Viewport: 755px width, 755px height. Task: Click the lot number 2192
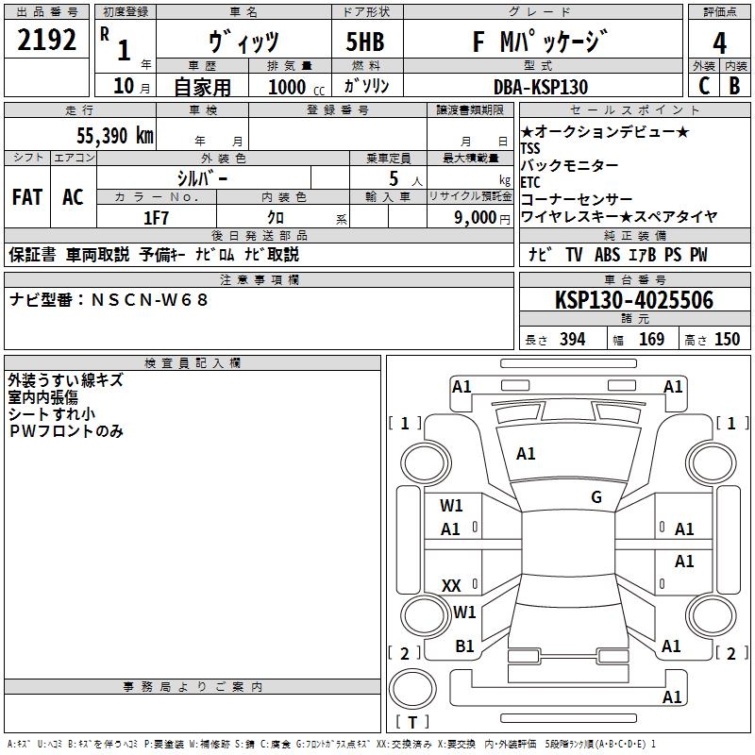pos(47,41)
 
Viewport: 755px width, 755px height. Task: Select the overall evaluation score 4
pos(719,42)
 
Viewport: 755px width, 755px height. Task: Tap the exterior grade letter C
pos(702,86)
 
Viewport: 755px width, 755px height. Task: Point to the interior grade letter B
pos(734,86)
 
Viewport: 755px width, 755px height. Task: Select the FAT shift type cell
pos(26,197)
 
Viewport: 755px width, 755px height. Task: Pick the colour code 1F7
pos(156,217)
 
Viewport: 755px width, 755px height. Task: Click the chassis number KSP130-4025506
pos(633,300)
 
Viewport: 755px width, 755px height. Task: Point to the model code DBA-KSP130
pos(541,87)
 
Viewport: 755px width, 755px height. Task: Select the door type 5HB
pos(359,42)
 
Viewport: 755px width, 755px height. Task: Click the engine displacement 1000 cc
pos(294,87)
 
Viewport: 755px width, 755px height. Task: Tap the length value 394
pos(572,339)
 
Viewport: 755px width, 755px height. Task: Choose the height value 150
pos(728,339)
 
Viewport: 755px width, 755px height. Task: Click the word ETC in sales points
pos(531,182)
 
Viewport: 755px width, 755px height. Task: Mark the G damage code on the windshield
pos(596,497)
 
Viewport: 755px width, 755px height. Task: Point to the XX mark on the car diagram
pos(451,586)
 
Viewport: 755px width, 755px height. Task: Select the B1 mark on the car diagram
pos(464,646)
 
